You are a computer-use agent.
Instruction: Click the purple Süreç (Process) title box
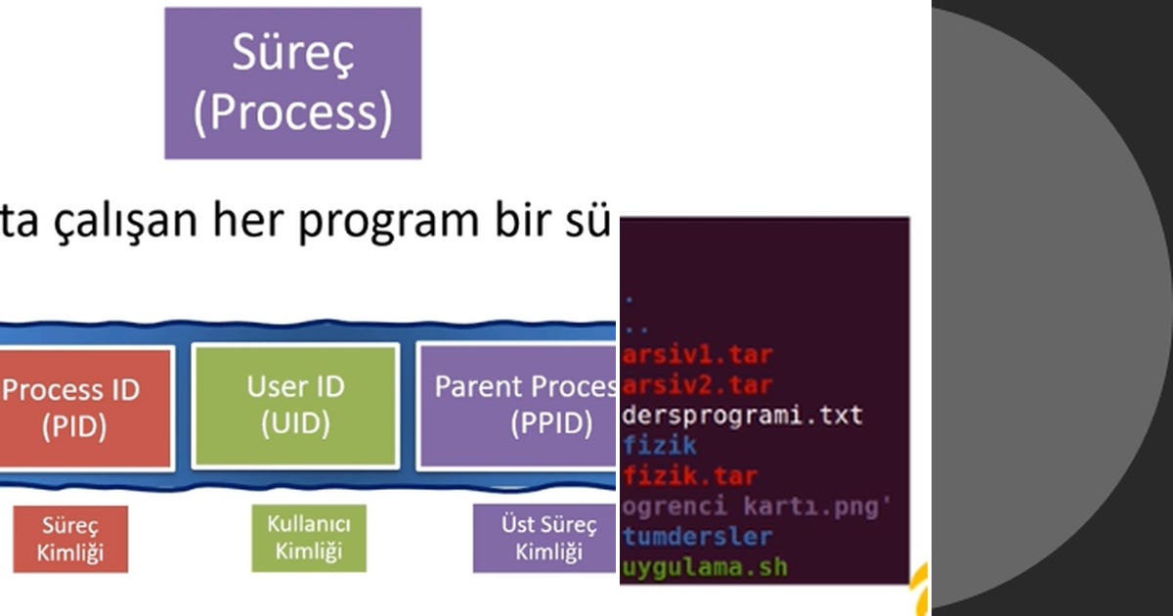point(292,83)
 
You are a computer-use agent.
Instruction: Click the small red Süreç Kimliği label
point(70,539)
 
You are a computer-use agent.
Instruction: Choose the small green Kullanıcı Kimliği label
point(309,537)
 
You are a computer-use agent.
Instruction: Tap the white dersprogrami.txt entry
point(742,416)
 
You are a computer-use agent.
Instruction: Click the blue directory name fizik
point(660,446)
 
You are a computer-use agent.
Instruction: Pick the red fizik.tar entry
point(689,477)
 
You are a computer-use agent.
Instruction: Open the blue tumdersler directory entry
point(697,537)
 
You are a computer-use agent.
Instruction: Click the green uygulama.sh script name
point(704,567)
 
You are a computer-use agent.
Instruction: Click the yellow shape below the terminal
point(919,594)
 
